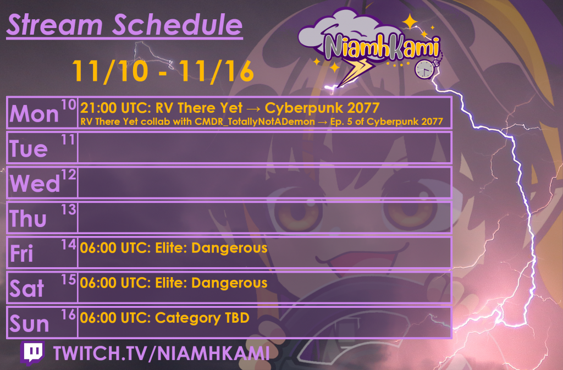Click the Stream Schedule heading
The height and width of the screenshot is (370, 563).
(125, 25)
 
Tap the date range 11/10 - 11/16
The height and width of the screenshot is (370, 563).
(163, 71)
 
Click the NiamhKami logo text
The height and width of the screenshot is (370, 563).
(382, 47)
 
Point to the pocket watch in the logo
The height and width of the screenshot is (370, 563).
(425, 69)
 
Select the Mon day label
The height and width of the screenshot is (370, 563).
(34, 114)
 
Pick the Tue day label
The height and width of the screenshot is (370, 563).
(29, 148)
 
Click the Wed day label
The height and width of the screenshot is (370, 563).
(35, 183)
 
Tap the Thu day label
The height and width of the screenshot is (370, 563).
(28, 218)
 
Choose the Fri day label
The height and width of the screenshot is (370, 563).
(21, 253)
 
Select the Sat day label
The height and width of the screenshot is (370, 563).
(27, 288)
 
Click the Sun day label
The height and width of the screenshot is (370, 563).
(29, 323)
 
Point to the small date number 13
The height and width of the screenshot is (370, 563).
(69, 209)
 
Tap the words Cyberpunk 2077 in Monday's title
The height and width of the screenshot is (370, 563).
(322, 108)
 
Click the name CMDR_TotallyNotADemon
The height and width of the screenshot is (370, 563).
(255, 122)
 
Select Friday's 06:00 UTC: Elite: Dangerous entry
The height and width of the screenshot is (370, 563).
(174, 248)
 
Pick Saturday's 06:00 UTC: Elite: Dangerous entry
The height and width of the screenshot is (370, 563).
(174, 283)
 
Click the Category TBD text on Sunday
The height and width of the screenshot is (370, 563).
(202, 318)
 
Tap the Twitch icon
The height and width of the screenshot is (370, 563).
(32, 354)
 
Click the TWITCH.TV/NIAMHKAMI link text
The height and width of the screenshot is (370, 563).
(162, 353)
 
